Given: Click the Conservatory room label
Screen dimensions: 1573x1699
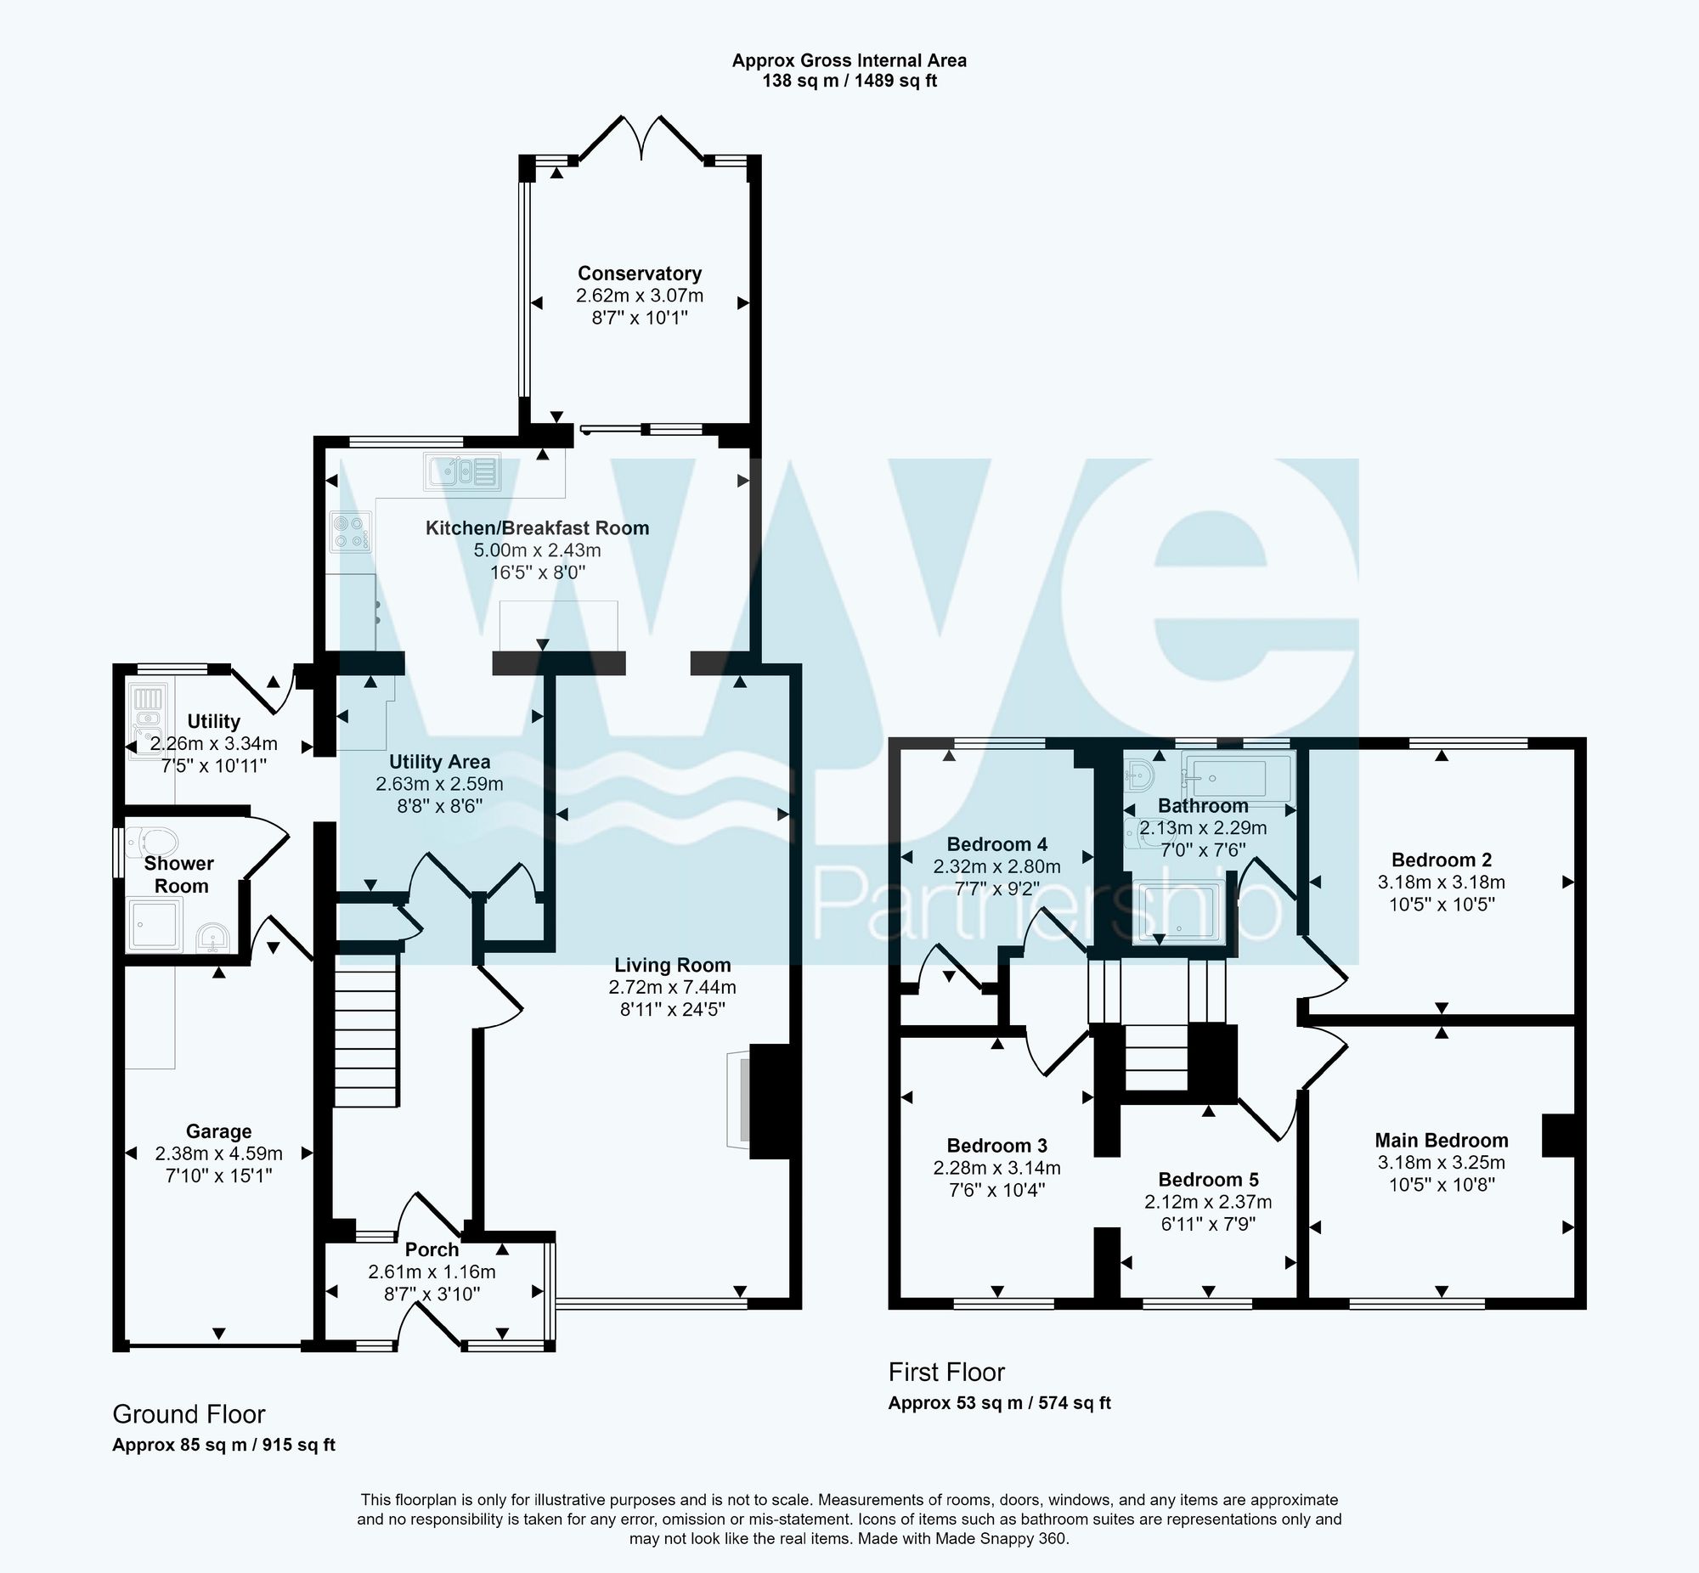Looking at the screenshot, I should click(x=640, y=273).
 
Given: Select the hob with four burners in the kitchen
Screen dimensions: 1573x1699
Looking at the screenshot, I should click(x=351, y=532).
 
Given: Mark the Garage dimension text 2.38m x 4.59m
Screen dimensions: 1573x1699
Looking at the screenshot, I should click(x=219, y=1153).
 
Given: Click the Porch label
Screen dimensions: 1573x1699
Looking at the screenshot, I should click(x=432, y=1249).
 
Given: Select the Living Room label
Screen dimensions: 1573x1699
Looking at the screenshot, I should click(x=673, y=964).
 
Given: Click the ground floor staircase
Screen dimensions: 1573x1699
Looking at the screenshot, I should click(x=365, y=1030).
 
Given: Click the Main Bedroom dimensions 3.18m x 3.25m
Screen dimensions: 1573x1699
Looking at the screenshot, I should click(x=1441, y=1162).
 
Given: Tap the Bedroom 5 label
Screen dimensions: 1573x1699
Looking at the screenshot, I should click(x=1208, y=1179).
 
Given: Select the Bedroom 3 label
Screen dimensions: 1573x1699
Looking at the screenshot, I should click(x=996, y=1145).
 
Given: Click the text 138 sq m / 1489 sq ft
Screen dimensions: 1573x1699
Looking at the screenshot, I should click(x=849, y=82).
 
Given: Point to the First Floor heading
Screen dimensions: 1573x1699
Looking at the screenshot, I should click(x=945, y=1371).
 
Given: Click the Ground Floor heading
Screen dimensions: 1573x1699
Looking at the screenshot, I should click(x=189, y=1414).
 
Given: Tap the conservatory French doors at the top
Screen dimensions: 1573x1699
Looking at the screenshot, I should click(x=641, y=136).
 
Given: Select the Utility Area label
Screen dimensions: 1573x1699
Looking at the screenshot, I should click(x=439, y=761).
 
